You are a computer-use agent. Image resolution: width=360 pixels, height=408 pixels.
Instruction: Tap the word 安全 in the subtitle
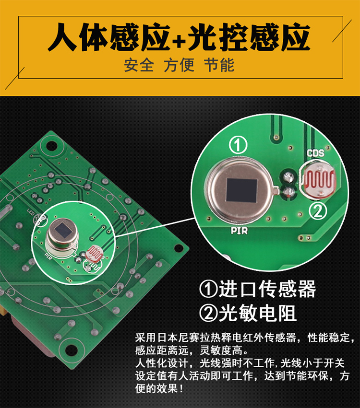[139, 65]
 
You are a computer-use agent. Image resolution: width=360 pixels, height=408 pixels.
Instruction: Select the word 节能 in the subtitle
[219, 65]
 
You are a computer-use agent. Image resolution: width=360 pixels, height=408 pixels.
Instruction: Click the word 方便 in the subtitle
[179, 65]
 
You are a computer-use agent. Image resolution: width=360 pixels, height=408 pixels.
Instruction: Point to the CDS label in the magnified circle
[315, 153]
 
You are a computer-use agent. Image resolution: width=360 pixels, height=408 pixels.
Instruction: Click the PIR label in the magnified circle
[239, 231]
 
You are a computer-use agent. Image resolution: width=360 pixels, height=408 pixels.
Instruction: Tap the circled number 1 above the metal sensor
[238, 145]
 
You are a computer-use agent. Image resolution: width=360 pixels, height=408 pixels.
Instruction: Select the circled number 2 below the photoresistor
[318, 211]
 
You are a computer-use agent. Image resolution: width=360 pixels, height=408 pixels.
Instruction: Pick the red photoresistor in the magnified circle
[318, 179]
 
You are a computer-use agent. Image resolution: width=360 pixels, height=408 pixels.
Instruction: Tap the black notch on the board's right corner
[178, 248]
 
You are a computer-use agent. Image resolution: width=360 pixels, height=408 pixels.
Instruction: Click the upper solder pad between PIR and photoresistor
[288, 177]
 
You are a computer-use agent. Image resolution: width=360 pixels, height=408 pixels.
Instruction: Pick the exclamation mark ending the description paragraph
[181, 389]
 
